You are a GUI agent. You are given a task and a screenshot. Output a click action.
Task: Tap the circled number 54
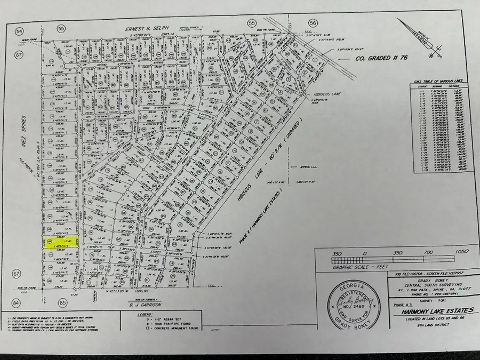[20, 33]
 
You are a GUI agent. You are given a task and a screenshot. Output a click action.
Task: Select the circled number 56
[313, 22]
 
